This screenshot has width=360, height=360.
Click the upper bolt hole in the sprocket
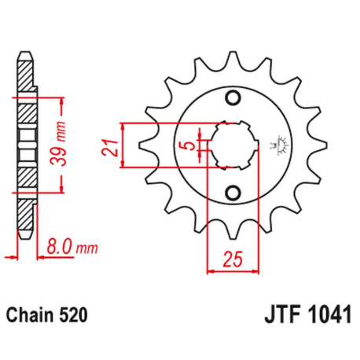click(x=232, y=97)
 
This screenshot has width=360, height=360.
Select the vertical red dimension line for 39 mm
click(x=63, y=145)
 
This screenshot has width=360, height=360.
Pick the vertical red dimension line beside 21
click(x=123, y=145)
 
